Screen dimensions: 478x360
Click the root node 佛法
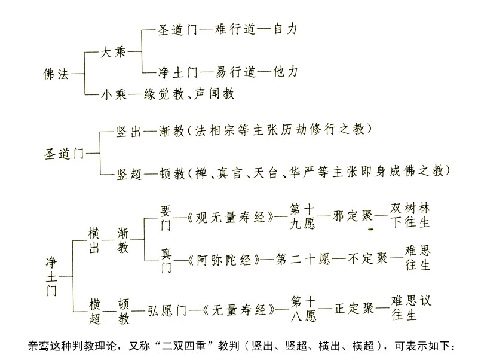[x=56, y=74]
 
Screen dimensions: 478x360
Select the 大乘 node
[x=113, y=52]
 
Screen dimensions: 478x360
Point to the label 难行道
[x=235, y=29]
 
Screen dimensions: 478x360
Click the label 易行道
[x=235, y=72]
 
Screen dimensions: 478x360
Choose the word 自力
[x=285, y=29]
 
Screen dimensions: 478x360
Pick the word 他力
[x=285, y=72]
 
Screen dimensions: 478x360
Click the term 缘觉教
[x=164, y=94]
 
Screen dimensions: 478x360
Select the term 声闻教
[x=214, y=93]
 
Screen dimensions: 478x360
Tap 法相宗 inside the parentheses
[x=215, y=130]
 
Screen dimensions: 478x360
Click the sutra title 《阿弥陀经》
[x=224, y=260]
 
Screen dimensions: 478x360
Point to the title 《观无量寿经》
[x=231, y=218]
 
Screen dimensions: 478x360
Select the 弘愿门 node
[x=167, y=310]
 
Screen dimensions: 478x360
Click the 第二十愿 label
[x=303, y=260]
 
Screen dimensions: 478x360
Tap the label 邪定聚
[x=353, y=216]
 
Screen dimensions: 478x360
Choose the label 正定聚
[x=354, y=309]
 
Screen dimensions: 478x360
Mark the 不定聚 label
[x=367, y=259]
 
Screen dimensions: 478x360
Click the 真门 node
[x=166, y=261]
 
